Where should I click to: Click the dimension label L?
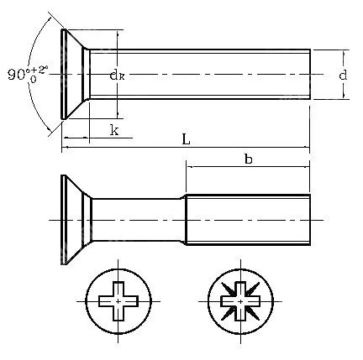tap(186, 140)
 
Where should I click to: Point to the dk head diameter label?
tap(117, 75)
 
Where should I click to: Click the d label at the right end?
tap(343, 75)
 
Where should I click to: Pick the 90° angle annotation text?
tap(25, 74)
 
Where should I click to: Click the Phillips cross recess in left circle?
tap(119, 300)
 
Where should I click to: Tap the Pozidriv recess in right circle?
tap(239, 300)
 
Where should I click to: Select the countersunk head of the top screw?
tap(74, 75)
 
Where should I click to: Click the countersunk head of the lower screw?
tap(74, 220)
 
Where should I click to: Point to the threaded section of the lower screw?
tap(248, 220)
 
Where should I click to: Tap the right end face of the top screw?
tap(310, 75)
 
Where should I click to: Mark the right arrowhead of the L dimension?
tap(307, 150)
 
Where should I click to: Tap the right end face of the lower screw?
tap(310, 220)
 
